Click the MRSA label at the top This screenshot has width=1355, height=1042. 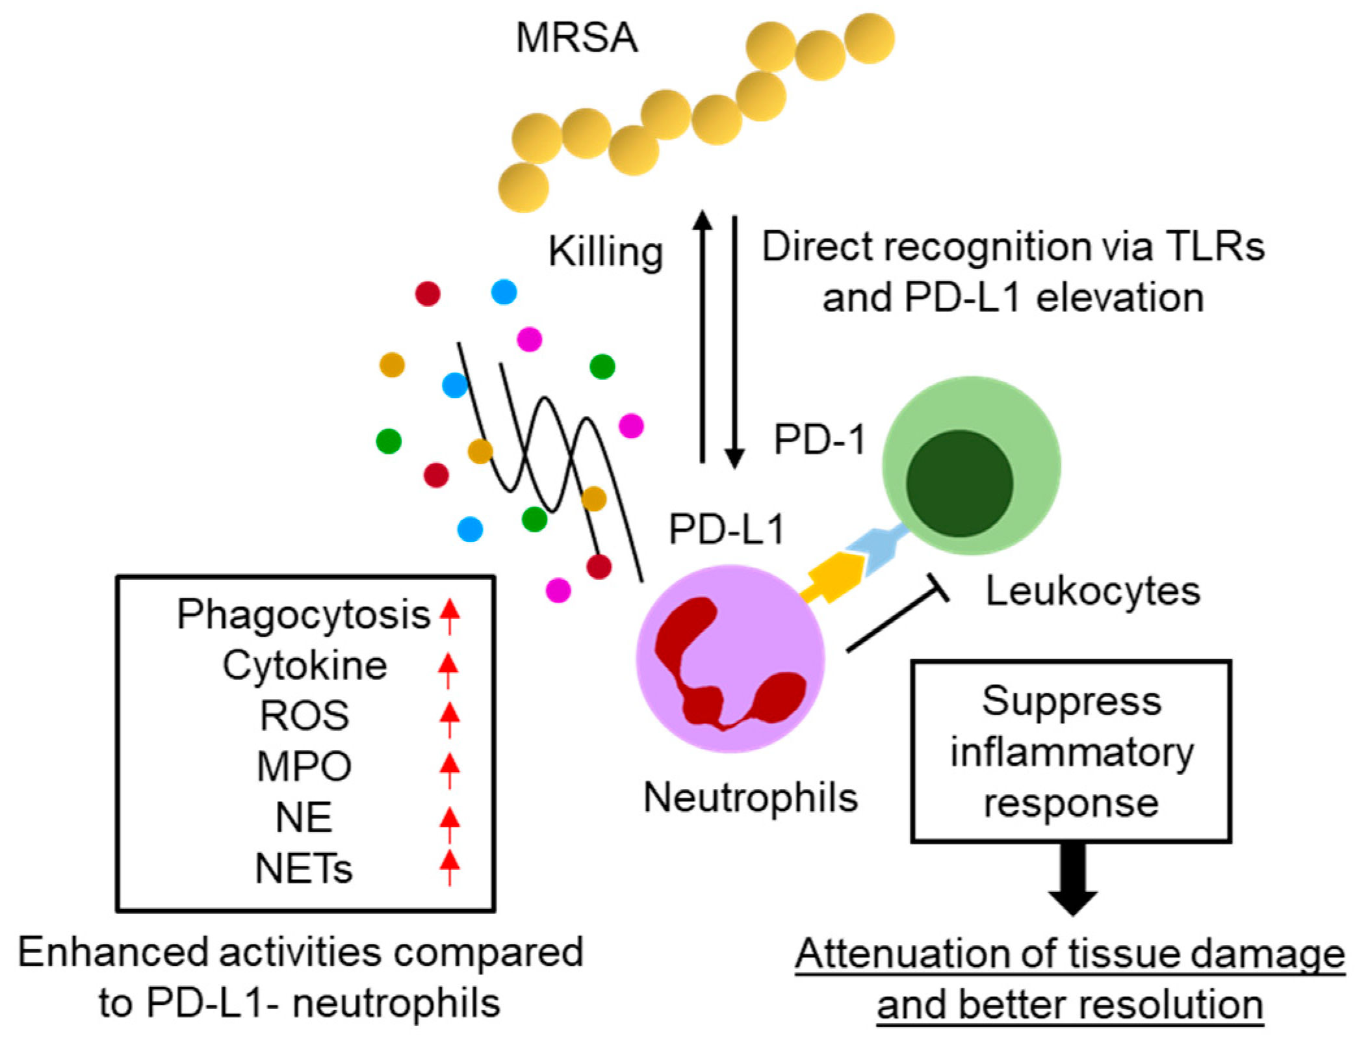pos(576,38)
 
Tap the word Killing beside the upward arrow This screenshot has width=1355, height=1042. pos(605,252)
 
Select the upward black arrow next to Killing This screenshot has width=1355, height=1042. pos(703,338)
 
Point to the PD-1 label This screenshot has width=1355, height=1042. pos(820,440)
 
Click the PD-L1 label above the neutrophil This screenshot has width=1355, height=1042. pos(727,530)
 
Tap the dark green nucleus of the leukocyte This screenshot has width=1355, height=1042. pos(959,483)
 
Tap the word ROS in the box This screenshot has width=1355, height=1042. pos(304,716)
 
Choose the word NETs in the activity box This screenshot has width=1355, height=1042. pos(304,868)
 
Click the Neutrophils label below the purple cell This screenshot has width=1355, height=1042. pos(750,798)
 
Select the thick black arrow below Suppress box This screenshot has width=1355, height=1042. pos(1072,878)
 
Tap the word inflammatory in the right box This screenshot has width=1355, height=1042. pos(1072,753)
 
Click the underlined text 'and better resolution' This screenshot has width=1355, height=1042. pos(1070,1005)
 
